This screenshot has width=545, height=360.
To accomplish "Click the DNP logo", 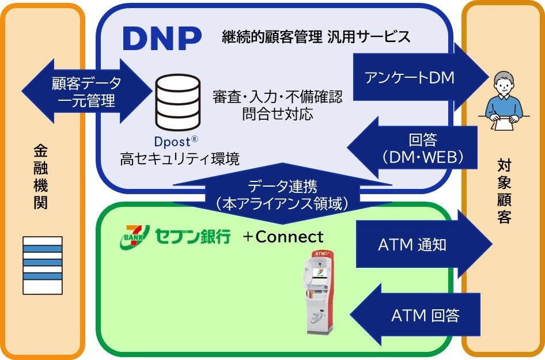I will pyautogui.click(x=162, y=38).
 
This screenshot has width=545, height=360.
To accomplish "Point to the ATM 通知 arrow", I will pyautogui.click(x=421, y=245).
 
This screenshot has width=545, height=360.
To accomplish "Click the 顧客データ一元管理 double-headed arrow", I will pyautogui.click(x=87, y=92).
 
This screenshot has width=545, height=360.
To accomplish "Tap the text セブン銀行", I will pyautogui.click(x=192, y=236).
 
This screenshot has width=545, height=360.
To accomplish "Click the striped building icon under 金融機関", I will pyautogui.click(x=41, y=264).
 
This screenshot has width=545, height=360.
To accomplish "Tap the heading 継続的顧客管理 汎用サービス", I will pyautogui.click(x=316, y=37).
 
